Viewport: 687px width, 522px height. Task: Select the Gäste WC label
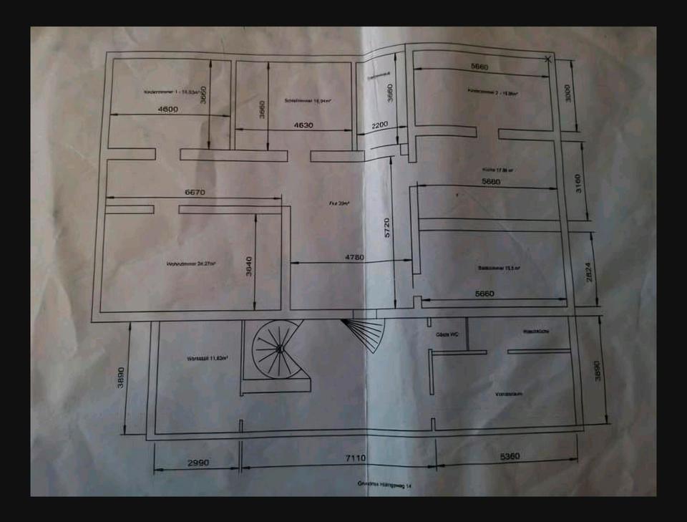(x=447, y=334)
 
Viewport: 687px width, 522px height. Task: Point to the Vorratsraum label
(x=506, y=395)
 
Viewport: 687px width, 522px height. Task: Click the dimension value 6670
(x=195, y=192)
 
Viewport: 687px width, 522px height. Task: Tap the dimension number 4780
(x=355, y=256)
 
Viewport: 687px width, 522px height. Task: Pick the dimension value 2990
(x=198, y=463)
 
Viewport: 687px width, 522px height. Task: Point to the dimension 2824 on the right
(x=590, y=272)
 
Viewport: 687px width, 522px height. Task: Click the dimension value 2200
(x=379, y=125)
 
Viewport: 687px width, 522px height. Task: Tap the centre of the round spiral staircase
(x=279, y=349)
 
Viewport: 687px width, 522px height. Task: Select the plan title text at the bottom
(x=385, y=485)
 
